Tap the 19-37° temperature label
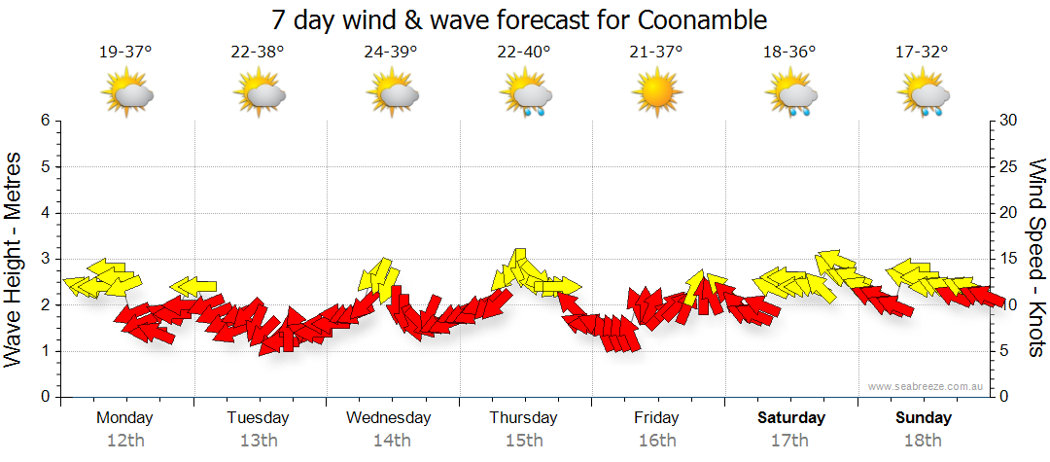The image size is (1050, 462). [125, 53]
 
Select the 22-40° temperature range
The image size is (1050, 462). [524, 53]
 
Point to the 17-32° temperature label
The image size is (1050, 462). [922, 53]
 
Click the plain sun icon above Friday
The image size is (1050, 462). [656, 94]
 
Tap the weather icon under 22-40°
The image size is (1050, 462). [525, 95]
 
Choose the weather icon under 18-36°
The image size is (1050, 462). [790, 95]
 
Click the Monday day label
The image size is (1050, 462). [125, 418]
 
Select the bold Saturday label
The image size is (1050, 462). [790, 418]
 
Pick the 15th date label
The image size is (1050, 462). [524, 440]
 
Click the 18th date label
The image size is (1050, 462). [923, 440]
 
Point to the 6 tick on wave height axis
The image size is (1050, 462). [44, 121]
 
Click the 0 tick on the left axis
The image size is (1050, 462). [44, 397]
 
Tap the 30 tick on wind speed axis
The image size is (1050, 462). [1008, 121]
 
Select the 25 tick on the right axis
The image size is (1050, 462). [1008, 167]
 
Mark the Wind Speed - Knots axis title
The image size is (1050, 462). [1036, 259]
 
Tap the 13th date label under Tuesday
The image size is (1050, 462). [259, 440]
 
